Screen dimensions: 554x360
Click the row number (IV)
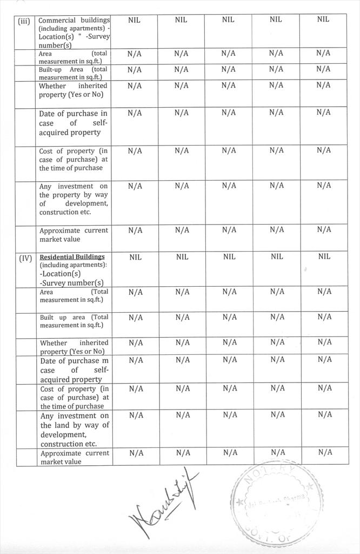(x=26, y=258)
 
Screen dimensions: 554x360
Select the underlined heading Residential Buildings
(x=72, y=256)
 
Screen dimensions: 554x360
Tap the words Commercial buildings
(x=74, y=20)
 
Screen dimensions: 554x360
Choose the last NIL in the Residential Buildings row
(x=324, y=256)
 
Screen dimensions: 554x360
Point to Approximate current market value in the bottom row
(x=75, y=457)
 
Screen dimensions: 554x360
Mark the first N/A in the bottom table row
(x=136, y=453)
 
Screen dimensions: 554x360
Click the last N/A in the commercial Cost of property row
(x=323, y=150)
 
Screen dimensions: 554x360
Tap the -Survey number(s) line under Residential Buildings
(x=71, y=282)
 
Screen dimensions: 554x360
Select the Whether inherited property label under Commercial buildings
(x=73, y=90)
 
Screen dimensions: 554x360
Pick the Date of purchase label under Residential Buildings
(x=74, y=370)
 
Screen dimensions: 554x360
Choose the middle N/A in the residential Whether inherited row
(x=229, y=342)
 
